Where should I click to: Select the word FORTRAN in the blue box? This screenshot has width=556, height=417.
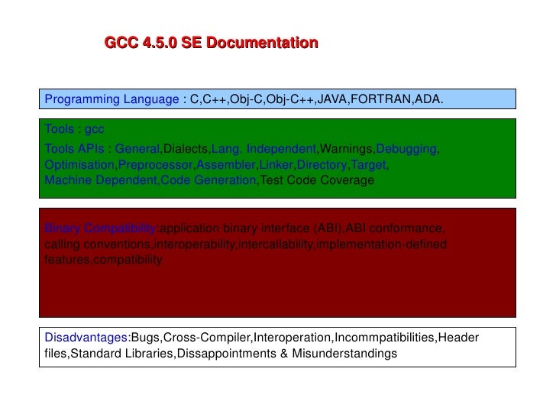click(380, 100)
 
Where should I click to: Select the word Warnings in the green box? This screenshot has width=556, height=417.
click(347, 147)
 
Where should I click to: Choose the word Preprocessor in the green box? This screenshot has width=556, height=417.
click(157, 164)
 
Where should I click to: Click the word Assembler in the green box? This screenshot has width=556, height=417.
click(227, 164)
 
